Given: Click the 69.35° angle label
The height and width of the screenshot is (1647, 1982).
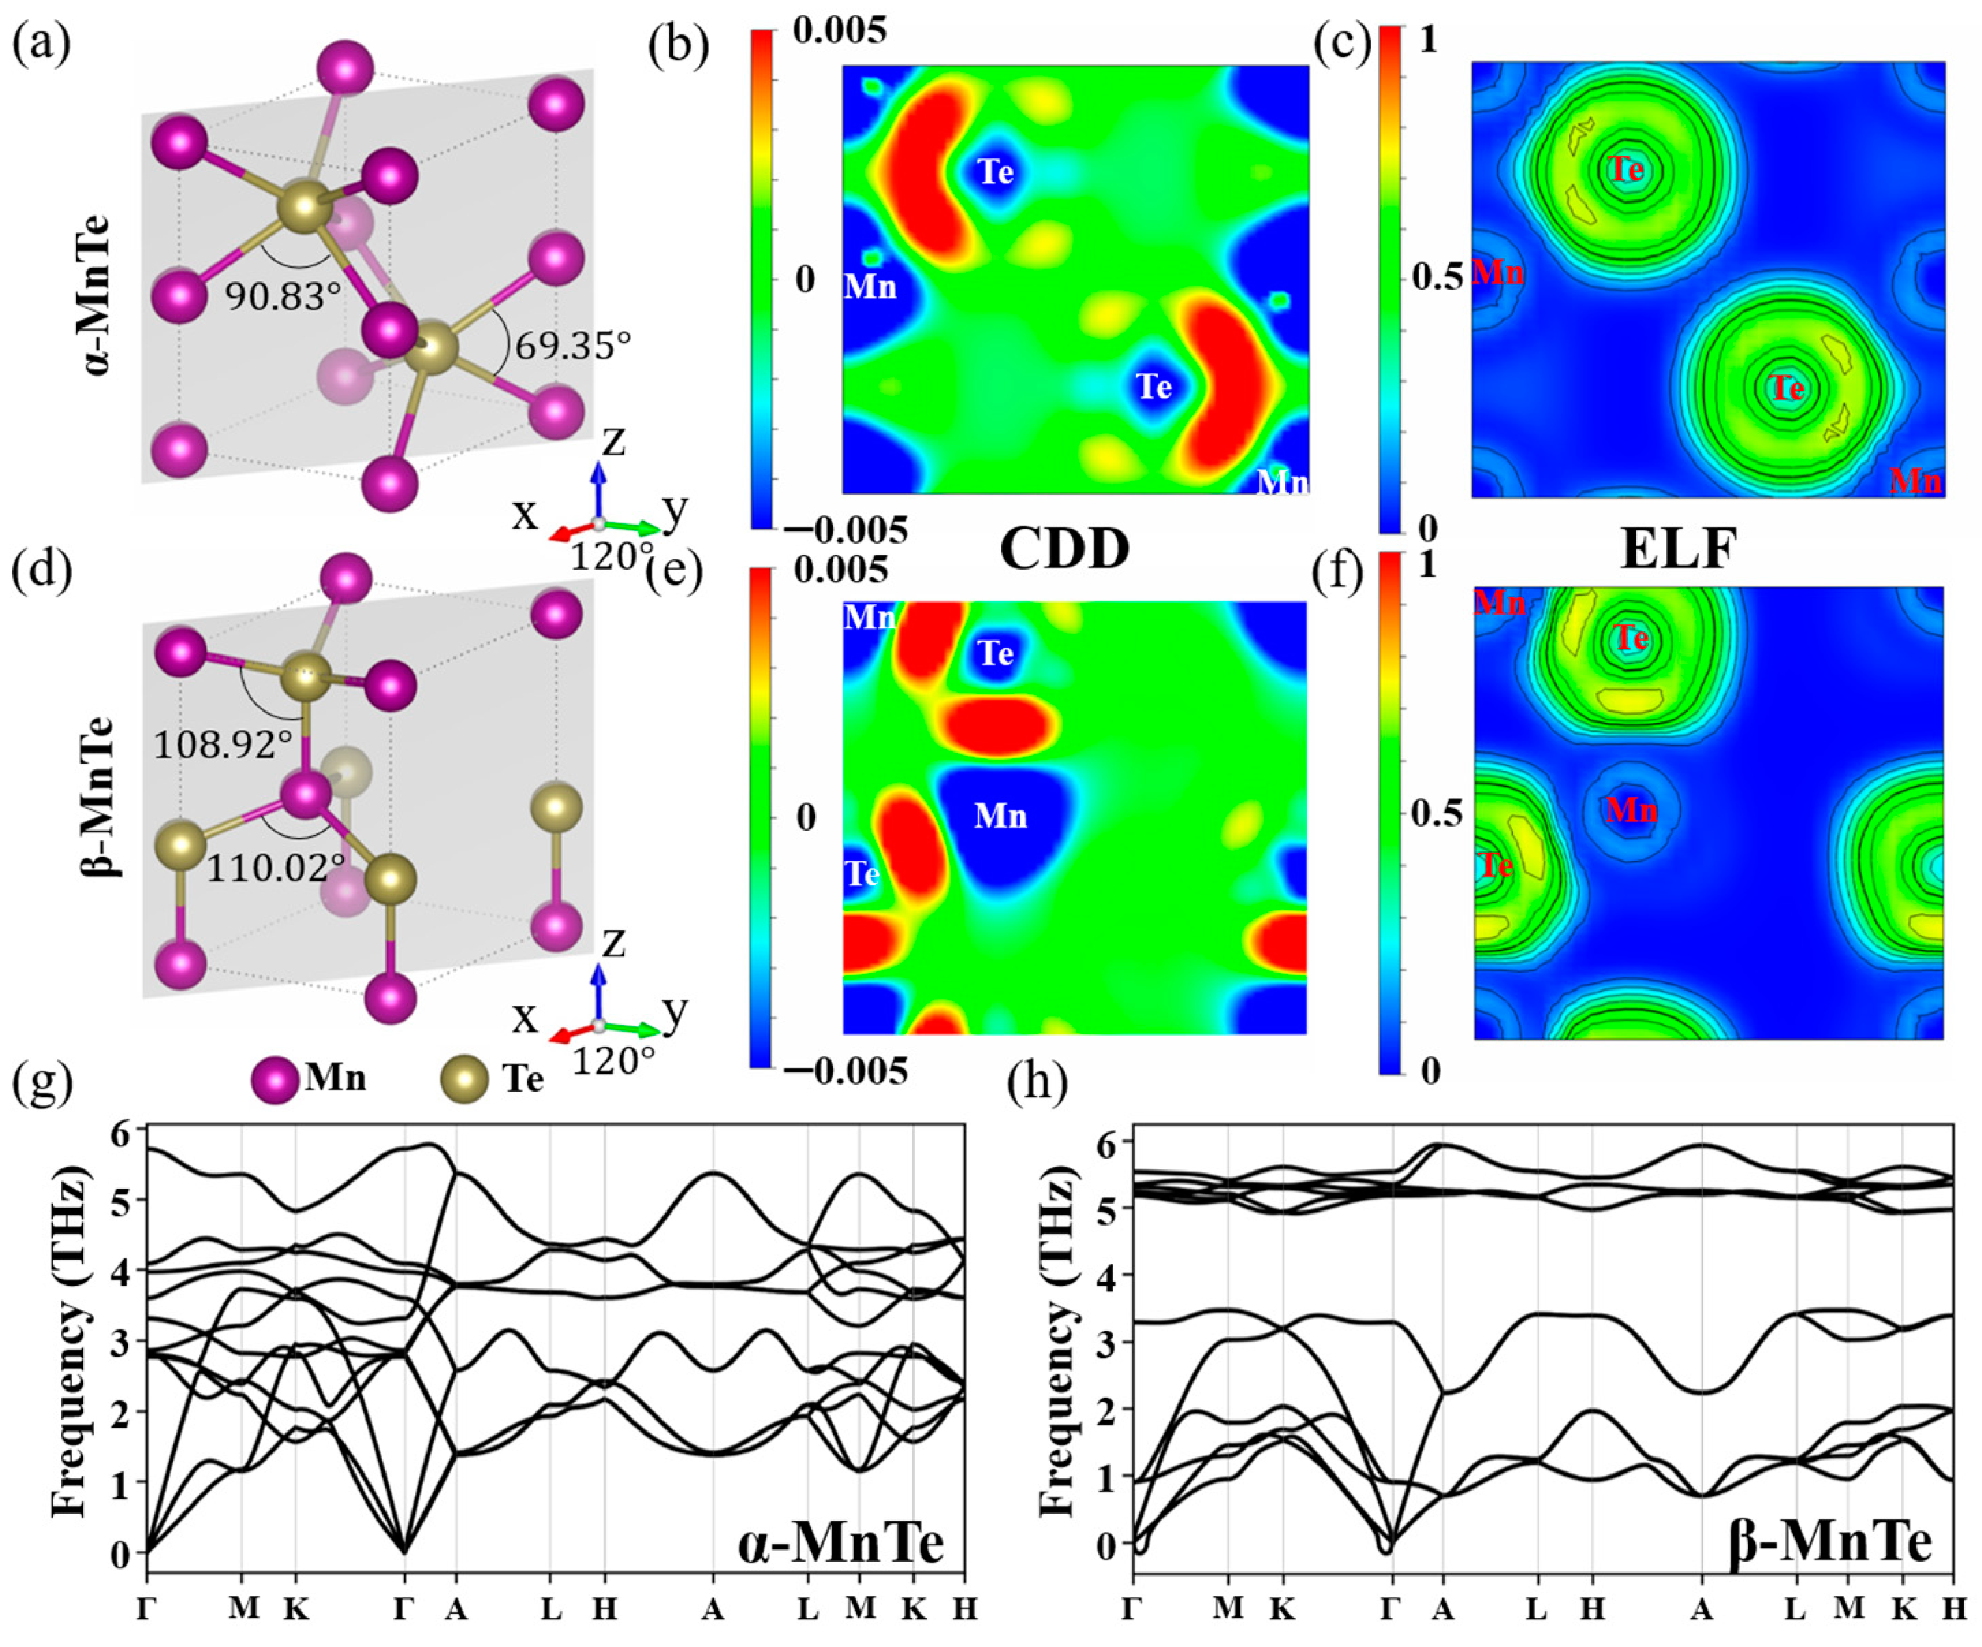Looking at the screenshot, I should point(572,346).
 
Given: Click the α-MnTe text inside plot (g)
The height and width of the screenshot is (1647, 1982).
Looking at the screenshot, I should point(840,1544).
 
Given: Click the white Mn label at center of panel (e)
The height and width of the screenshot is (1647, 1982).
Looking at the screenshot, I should point(1001,816).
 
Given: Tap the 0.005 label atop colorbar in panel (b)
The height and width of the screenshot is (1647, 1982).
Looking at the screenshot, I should point(839,31).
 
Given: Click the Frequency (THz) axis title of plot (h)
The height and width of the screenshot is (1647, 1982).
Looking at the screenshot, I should point(1057,1340).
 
